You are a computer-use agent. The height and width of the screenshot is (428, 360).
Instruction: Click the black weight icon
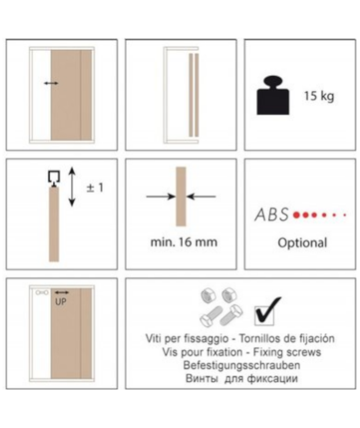point(273,96)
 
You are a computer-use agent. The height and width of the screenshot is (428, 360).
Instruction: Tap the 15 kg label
point(319,96)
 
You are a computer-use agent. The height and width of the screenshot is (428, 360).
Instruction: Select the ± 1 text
point(95,187)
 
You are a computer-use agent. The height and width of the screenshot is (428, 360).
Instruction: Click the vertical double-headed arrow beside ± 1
point(72,187)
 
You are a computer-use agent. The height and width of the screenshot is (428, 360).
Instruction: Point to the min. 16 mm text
point(184,242)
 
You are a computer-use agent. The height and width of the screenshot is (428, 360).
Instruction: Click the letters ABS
point(271,214)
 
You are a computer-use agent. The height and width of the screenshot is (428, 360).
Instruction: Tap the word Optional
point(302,243)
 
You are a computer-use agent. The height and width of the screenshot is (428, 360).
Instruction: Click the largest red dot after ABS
point(296,215)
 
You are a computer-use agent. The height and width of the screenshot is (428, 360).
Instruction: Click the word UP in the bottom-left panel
point(61,301)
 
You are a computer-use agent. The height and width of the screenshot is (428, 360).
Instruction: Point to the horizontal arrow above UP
point(62,292)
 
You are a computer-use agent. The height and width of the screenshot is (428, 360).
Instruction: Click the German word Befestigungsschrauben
point(241,365)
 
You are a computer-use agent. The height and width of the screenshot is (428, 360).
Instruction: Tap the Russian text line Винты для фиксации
point(241,378)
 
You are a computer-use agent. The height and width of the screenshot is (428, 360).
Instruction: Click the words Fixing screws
point(287,352)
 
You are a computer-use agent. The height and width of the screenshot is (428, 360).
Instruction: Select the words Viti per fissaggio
point(187,338)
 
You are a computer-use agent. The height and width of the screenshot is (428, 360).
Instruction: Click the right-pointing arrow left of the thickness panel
point(161,196)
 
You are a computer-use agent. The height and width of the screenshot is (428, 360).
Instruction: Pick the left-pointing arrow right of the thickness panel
point(201,196)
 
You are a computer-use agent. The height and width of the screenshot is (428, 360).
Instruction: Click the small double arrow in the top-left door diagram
point(51,83)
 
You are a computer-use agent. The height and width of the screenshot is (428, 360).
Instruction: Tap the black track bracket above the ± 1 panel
point(54,178)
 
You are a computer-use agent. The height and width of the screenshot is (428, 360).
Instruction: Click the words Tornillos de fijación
point(287,338)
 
